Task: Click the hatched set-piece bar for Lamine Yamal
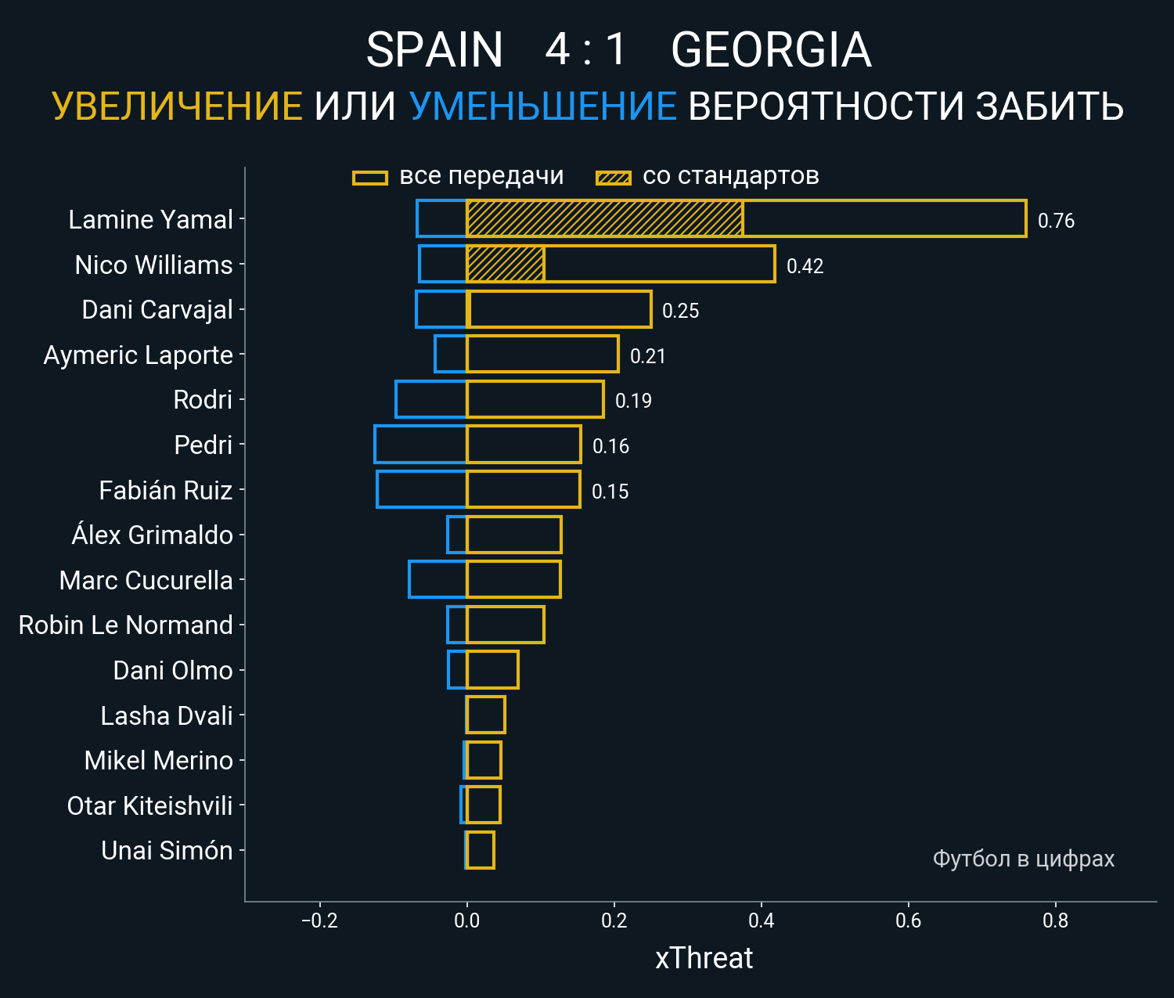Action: pyautogui.click(x=604, y=218)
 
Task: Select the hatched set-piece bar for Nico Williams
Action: pyautogui.click(x=506, y=264)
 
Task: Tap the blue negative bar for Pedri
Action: pyautogui.click(x=420, y=445)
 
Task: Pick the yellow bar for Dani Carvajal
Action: pyautogui.click(x=560, y=309)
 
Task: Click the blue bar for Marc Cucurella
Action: pyautogui.click(x=438, y=579)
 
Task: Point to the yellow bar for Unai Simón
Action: pyautogui.click(x=481, y=850)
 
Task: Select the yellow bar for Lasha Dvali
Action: pyautogui.click(x=486, y=715)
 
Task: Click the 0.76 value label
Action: pyautogui.click(x=1056, y=221)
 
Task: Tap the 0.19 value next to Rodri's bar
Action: pyautogui.click(x=633, y=401)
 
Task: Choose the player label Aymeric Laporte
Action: pyautogui.click(x=139, y=355)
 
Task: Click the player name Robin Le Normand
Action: pyautogui.click(x=126, y=625)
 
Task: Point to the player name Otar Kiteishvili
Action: pyautogui.click(x=150, y=805)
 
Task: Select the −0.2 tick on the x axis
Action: pyautogui.click(x=319, y=921)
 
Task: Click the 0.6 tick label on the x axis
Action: pyautogui.click(x=908, y=921)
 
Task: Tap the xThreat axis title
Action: pyautogui.click(x=704, y=958)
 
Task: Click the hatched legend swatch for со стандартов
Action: pyautogui.click(x=613, y=178)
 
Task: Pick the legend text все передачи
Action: pyautogui.click(x=481, y=176)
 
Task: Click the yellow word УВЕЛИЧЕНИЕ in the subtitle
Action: pyautogui.click(x=177, y=106)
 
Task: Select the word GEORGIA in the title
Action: pyautogui.click(x=771, y=50)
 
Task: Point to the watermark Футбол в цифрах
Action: pyautogui.click(x=1023, y=859)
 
